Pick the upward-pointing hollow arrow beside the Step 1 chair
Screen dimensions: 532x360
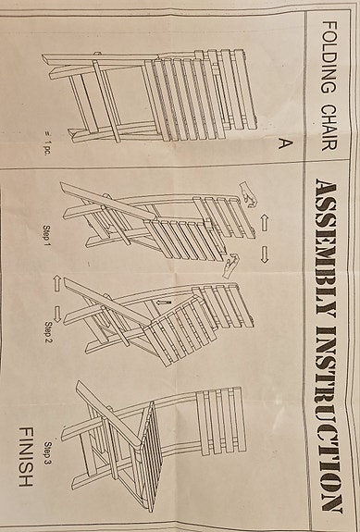pos(263,222)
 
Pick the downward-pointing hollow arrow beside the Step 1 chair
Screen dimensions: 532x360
pos(263,251)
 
